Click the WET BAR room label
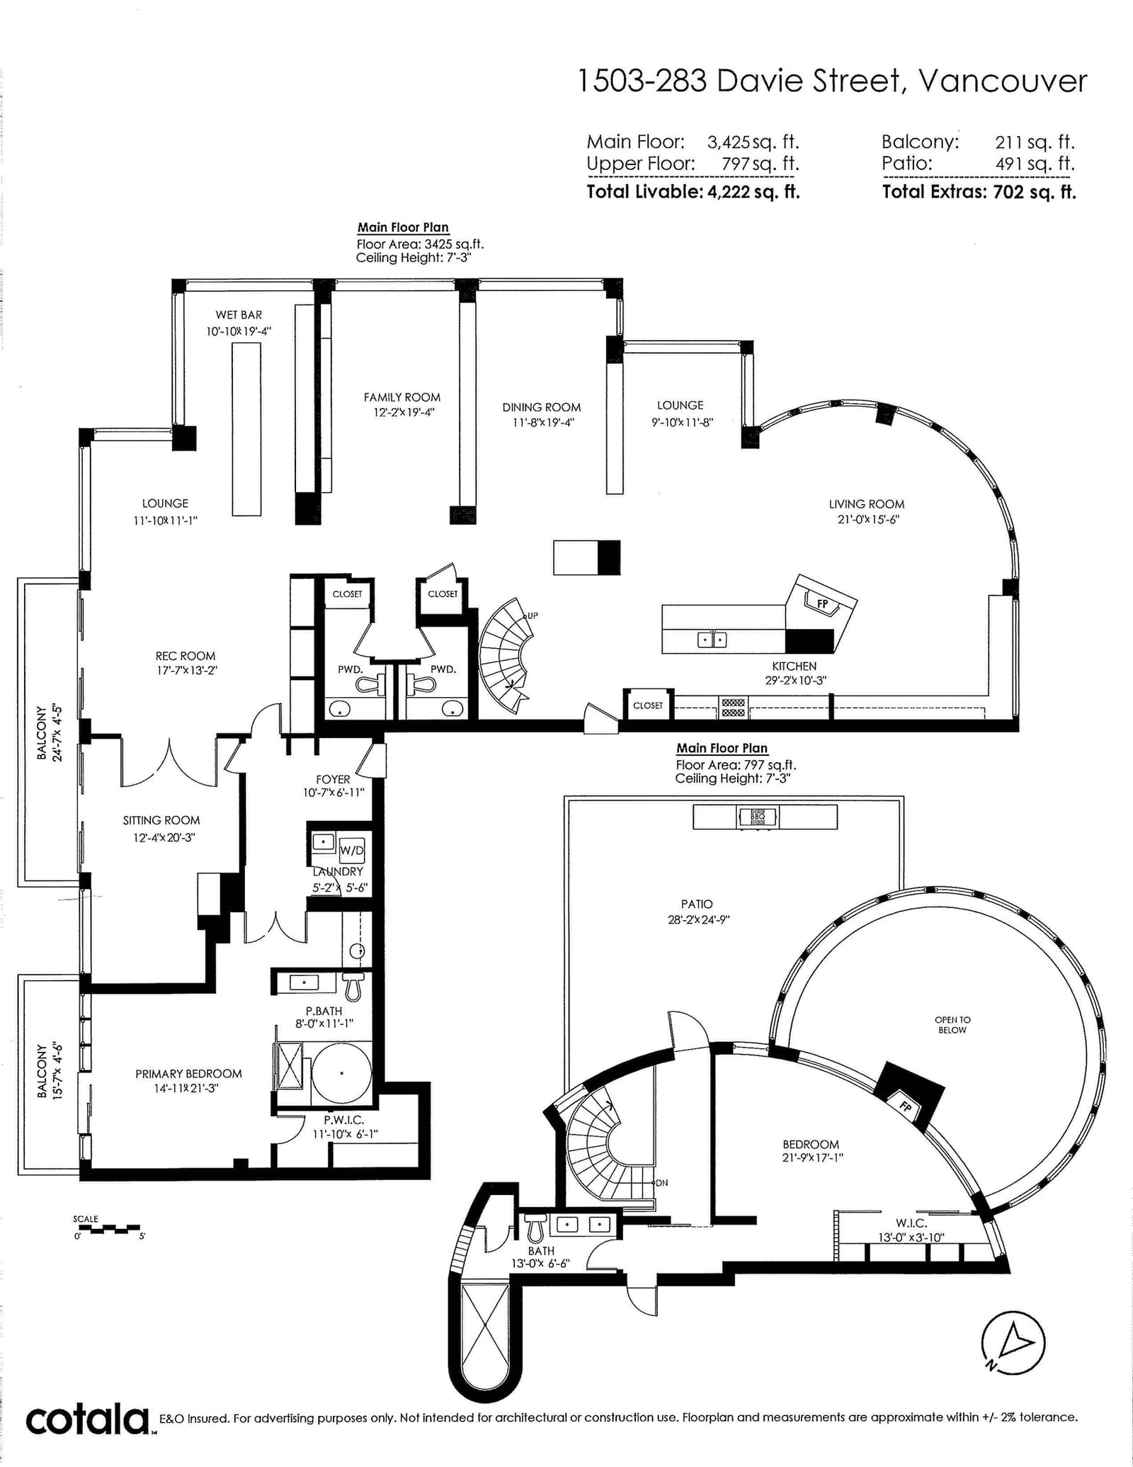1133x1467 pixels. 239,315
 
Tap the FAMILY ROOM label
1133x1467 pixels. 402,397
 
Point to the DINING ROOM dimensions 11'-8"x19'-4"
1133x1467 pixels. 543,423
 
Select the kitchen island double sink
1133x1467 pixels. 712,640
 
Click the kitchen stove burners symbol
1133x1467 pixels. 733,708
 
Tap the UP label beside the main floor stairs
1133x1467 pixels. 532,616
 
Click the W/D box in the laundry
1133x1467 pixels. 352,849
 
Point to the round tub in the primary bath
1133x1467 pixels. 342,1073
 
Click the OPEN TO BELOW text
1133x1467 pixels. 952,1025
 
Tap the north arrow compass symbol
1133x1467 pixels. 1013,1341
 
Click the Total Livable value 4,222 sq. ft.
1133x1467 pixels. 753,192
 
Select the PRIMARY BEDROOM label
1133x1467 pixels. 188,1074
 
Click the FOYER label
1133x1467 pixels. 333,779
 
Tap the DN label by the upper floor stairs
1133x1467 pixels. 661,1183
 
